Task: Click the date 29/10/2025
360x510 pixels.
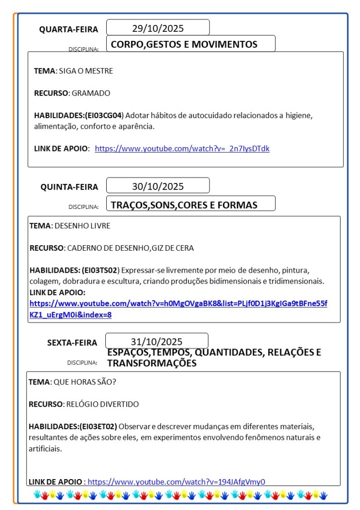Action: pyautogui.click(x=158, y=28)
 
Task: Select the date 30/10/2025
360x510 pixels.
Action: pyautogui.click(x=158, y=186)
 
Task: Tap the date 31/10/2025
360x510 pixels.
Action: pyautogui.click(x=157, y=341)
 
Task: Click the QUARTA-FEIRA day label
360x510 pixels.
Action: pyautogui.click(x=69, y=29)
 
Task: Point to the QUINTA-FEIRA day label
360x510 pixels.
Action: pyautogui.click(x=69, y=187)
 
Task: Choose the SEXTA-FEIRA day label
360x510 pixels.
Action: pyautogui.click(x=72, y=342)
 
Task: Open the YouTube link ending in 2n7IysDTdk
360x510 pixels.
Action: pyautogui.click(x=182, y=149)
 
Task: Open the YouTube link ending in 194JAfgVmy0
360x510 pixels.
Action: pyautogui.click(x=176, y=482)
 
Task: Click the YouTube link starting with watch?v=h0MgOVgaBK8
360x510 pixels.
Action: pyautogui.click(x=178, y=304)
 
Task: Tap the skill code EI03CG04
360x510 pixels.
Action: pyautogui.click(x=104, y=115)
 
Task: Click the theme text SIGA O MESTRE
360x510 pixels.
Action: pyautogui.click(x=86, y=71)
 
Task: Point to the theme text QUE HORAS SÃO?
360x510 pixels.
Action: pyautogui.click(x=84, y=382)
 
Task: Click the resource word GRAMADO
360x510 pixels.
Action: pyautogui.click(x=91, y=93)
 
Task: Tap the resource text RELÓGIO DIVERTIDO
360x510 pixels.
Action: pyautogui.click(x=102, y=404)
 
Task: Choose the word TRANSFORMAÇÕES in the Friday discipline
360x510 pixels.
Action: pyautogui.click(x=152, y=363)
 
